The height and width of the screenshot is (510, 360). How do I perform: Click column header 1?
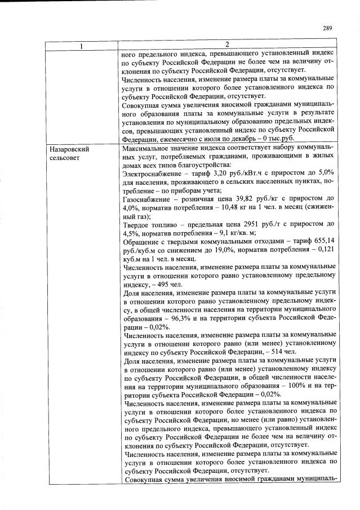point(81,45)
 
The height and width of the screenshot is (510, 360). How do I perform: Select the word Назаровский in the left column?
point(69,150)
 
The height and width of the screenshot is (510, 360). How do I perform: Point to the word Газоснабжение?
point(148,198)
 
